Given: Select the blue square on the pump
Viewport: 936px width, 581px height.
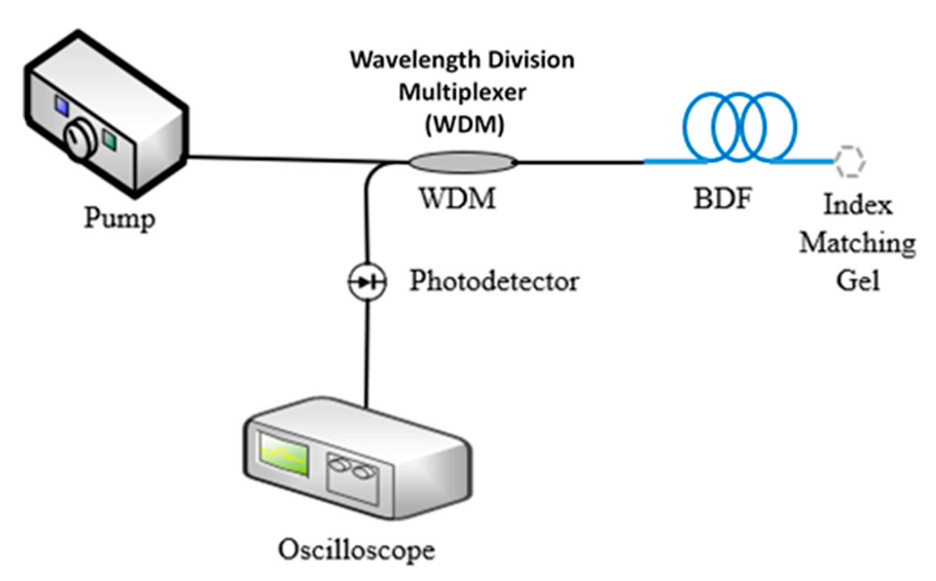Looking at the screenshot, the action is pyautogui.click(x=61, y=106).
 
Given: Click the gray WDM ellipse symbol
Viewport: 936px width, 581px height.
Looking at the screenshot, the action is pyautogui.click(x=462, y=162).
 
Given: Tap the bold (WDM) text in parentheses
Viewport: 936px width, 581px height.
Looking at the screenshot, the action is pyautogui.click(x=465, y=125).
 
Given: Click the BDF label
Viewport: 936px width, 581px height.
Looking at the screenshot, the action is pyautogui.click(x=723, y=198).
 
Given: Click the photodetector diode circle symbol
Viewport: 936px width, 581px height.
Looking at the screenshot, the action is pyautogui.click(x=367, y=282).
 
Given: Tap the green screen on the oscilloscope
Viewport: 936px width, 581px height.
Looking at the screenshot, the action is pyautogui.click(x=284, y=455).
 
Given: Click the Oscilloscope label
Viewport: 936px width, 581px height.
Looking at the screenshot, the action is pyautogui.click(x=356, y=550).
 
